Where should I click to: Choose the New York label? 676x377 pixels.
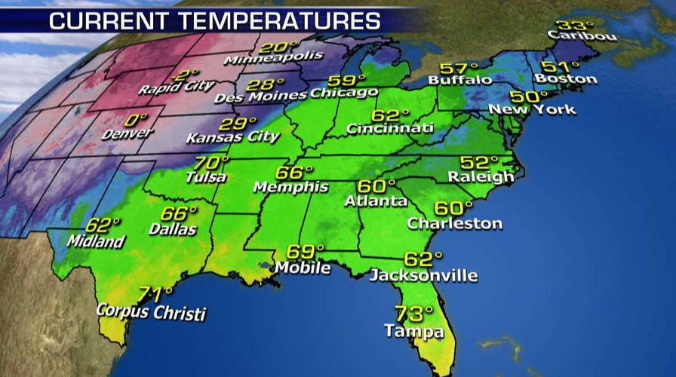point(532,109)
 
